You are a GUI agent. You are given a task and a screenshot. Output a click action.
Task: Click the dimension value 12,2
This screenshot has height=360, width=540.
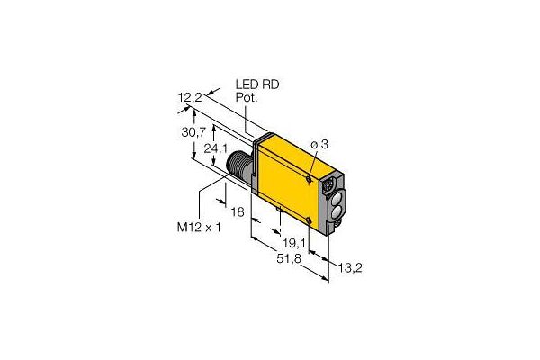(x=190, y=98)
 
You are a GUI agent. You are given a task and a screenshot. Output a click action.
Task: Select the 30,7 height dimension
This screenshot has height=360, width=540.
(x=193, y=132)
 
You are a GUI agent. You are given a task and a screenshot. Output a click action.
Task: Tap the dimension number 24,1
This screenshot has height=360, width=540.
(x=216, y=148)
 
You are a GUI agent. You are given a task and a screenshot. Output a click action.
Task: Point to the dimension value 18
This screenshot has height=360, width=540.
(x=238, y=211)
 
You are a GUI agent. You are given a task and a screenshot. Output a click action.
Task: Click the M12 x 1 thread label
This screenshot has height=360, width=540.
(x=199, y=228)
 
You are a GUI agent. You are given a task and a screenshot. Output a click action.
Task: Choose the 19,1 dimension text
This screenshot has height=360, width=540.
(x=294, y=244)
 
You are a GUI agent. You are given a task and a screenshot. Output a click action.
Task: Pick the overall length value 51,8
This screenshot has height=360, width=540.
(x=289, y=258)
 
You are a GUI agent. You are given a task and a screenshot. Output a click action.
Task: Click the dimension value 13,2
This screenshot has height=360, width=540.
(x=350, y=267)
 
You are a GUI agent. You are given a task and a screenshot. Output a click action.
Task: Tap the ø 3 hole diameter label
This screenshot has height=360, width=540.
(x=319, y=145)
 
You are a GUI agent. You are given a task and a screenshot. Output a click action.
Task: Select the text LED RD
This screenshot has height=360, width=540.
(x=257, y=85)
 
